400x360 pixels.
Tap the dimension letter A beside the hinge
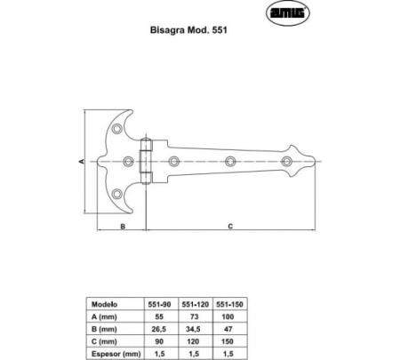click(81, 161)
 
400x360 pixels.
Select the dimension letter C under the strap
click(229, 228)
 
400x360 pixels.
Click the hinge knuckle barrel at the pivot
click(148, 161)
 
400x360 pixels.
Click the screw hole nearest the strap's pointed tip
click(287, 161)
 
